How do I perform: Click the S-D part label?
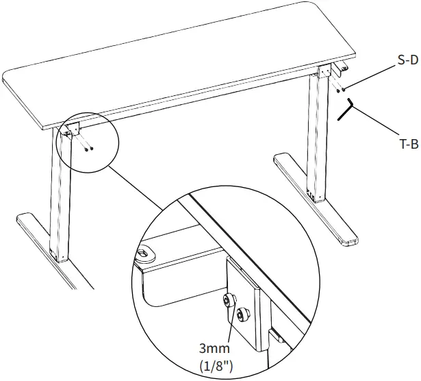pyautogui.click(x=407, y=60)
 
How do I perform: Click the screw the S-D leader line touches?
pyautogui.click(x=344, y=88)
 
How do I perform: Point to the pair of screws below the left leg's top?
pyautogui.click(x=88, y=147)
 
